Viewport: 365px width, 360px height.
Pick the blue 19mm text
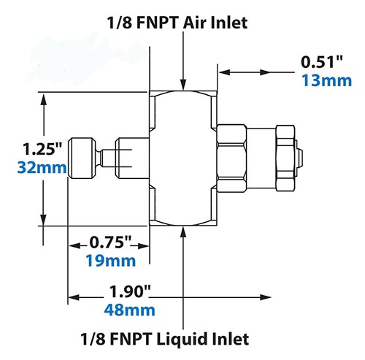111,259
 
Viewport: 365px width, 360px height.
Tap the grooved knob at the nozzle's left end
82,157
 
